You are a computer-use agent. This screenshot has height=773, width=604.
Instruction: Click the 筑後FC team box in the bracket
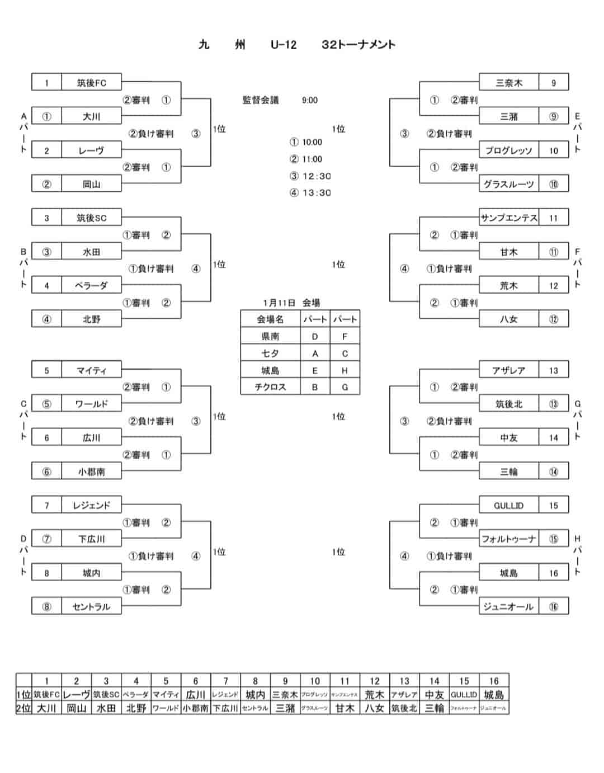click(x=91, y=83)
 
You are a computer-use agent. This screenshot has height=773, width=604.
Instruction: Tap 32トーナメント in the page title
click(x=358, y=45)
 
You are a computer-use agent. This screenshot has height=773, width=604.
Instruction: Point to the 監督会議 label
click(x=261, y=100)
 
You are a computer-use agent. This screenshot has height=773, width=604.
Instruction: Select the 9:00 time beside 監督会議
click(x=309, y=100)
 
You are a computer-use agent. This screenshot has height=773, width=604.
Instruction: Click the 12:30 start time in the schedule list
click(x=316, y=176)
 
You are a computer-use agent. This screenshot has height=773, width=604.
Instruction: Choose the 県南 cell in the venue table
click(x=270, y=336)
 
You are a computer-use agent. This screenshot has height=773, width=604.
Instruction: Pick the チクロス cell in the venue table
click(x=270, y=387)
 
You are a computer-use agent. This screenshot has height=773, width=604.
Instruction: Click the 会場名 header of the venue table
click(x=270, y=319)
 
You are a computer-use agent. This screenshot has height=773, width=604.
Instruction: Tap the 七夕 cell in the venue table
click(x=270, y=353)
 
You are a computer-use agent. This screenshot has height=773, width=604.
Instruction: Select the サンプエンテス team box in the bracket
click(x=508, y=218)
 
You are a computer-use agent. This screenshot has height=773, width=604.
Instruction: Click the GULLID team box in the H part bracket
click(x=508, y=505)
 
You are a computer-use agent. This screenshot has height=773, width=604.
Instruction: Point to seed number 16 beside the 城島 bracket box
click(x=553, y=573)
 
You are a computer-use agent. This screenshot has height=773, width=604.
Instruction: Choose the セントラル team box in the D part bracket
click(x=91, y=606)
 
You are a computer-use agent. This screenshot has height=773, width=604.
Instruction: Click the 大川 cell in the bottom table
click(x=46, y=708)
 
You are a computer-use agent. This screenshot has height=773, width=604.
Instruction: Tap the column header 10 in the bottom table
click(x=315, y=681)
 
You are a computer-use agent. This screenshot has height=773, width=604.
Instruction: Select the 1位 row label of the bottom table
click(x=23, y=695)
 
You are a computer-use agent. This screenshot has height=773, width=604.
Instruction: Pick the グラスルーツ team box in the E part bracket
click(x=508, y=184)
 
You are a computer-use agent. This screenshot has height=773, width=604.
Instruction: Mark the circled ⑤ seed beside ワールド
click(x=46, y=403)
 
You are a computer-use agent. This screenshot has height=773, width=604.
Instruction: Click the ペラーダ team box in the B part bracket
click(x=91, y=285)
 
